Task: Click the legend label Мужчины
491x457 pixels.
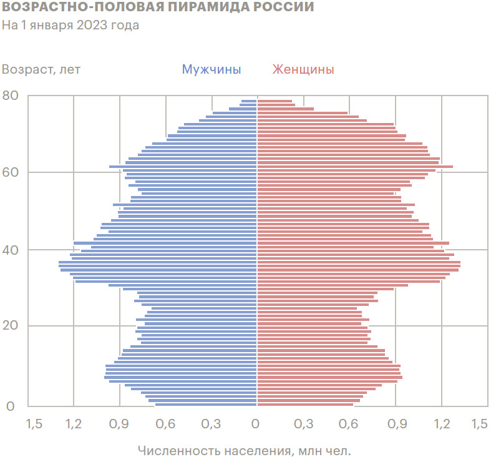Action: pos(211,69)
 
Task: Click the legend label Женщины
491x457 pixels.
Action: pos(303,69)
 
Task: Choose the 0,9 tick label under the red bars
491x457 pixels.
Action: pos(396,425)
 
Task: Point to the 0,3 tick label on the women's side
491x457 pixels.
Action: pos(303,425)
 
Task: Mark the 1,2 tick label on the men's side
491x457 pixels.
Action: pos(73,425)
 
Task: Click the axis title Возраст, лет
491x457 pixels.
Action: pos(41,69)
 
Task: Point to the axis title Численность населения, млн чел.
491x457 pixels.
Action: pos(245,450)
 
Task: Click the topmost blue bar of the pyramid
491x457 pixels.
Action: pos(249,101)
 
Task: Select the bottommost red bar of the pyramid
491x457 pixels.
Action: pos(305,405)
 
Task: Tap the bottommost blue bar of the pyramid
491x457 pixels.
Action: pos(206,405)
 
